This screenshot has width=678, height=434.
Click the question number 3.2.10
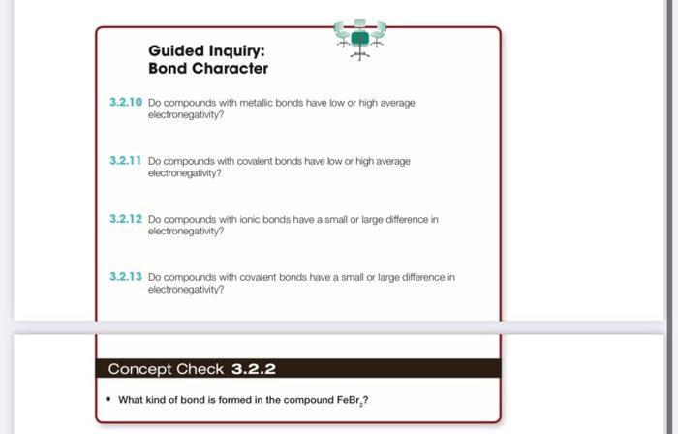(126, 102)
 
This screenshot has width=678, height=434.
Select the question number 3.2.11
(126, 160)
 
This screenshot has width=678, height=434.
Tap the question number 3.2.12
(126, 219)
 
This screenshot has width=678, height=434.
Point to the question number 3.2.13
(126, 277)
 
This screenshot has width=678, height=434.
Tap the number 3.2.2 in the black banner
(254, 369)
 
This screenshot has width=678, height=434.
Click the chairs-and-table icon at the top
(360, 38)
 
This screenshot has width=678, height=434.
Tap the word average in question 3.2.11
(389, 161)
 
